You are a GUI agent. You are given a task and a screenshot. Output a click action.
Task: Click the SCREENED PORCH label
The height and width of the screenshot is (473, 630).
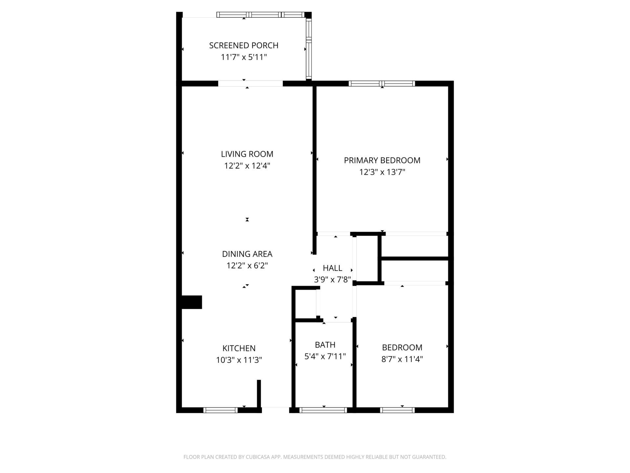pos(243,45)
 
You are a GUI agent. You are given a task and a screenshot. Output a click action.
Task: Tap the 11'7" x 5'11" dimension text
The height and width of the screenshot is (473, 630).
pos(243,57)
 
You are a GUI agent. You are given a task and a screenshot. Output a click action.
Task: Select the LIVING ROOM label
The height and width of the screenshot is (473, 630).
pos(247,154)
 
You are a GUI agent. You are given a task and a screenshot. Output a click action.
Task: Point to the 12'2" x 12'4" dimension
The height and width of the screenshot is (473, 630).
pos(247,166)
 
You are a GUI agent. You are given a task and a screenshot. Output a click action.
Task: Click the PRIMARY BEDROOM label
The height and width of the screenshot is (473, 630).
pos(382,160)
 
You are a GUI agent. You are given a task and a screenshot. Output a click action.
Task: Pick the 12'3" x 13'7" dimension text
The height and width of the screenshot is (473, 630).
pos(382,172)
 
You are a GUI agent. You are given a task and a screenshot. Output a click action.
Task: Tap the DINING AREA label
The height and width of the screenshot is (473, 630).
pos(247,254)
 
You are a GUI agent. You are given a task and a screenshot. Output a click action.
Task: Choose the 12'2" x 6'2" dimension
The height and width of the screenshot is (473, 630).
pos(247,266)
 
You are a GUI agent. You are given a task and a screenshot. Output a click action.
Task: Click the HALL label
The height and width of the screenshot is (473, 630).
pos(332,268)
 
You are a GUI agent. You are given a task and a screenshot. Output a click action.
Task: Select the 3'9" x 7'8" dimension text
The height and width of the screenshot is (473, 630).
pos(332,280)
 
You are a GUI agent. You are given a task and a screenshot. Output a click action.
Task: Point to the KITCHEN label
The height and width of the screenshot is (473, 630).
pos(239,348)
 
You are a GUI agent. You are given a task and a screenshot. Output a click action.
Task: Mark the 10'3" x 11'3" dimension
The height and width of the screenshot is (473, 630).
pos(239,360)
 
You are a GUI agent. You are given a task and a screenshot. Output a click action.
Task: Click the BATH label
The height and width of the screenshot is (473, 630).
pos(325,345)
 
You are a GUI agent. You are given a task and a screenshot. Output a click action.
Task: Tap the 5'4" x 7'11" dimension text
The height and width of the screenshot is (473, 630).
pos(325,356)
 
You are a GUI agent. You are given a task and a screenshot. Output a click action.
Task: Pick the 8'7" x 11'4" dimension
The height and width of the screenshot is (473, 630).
pos(402,359)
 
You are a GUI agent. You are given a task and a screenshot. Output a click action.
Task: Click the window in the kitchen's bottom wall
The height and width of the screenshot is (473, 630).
pos(220,410)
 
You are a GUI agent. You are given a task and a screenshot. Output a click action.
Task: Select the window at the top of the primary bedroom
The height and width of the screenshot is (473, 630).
pos(382,83)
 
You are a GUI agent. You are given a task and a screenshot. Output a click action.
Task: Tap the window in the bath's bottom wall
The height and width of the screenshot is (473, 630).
pos(323,410)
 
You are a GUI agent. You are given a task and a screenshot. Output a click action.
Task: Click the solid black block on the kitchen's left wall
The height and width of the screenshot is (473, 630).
pos(192,302)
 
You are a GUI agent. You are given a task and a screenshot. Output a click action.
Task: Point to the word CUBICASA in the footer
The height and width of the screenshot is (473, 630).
pos(259,457)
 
